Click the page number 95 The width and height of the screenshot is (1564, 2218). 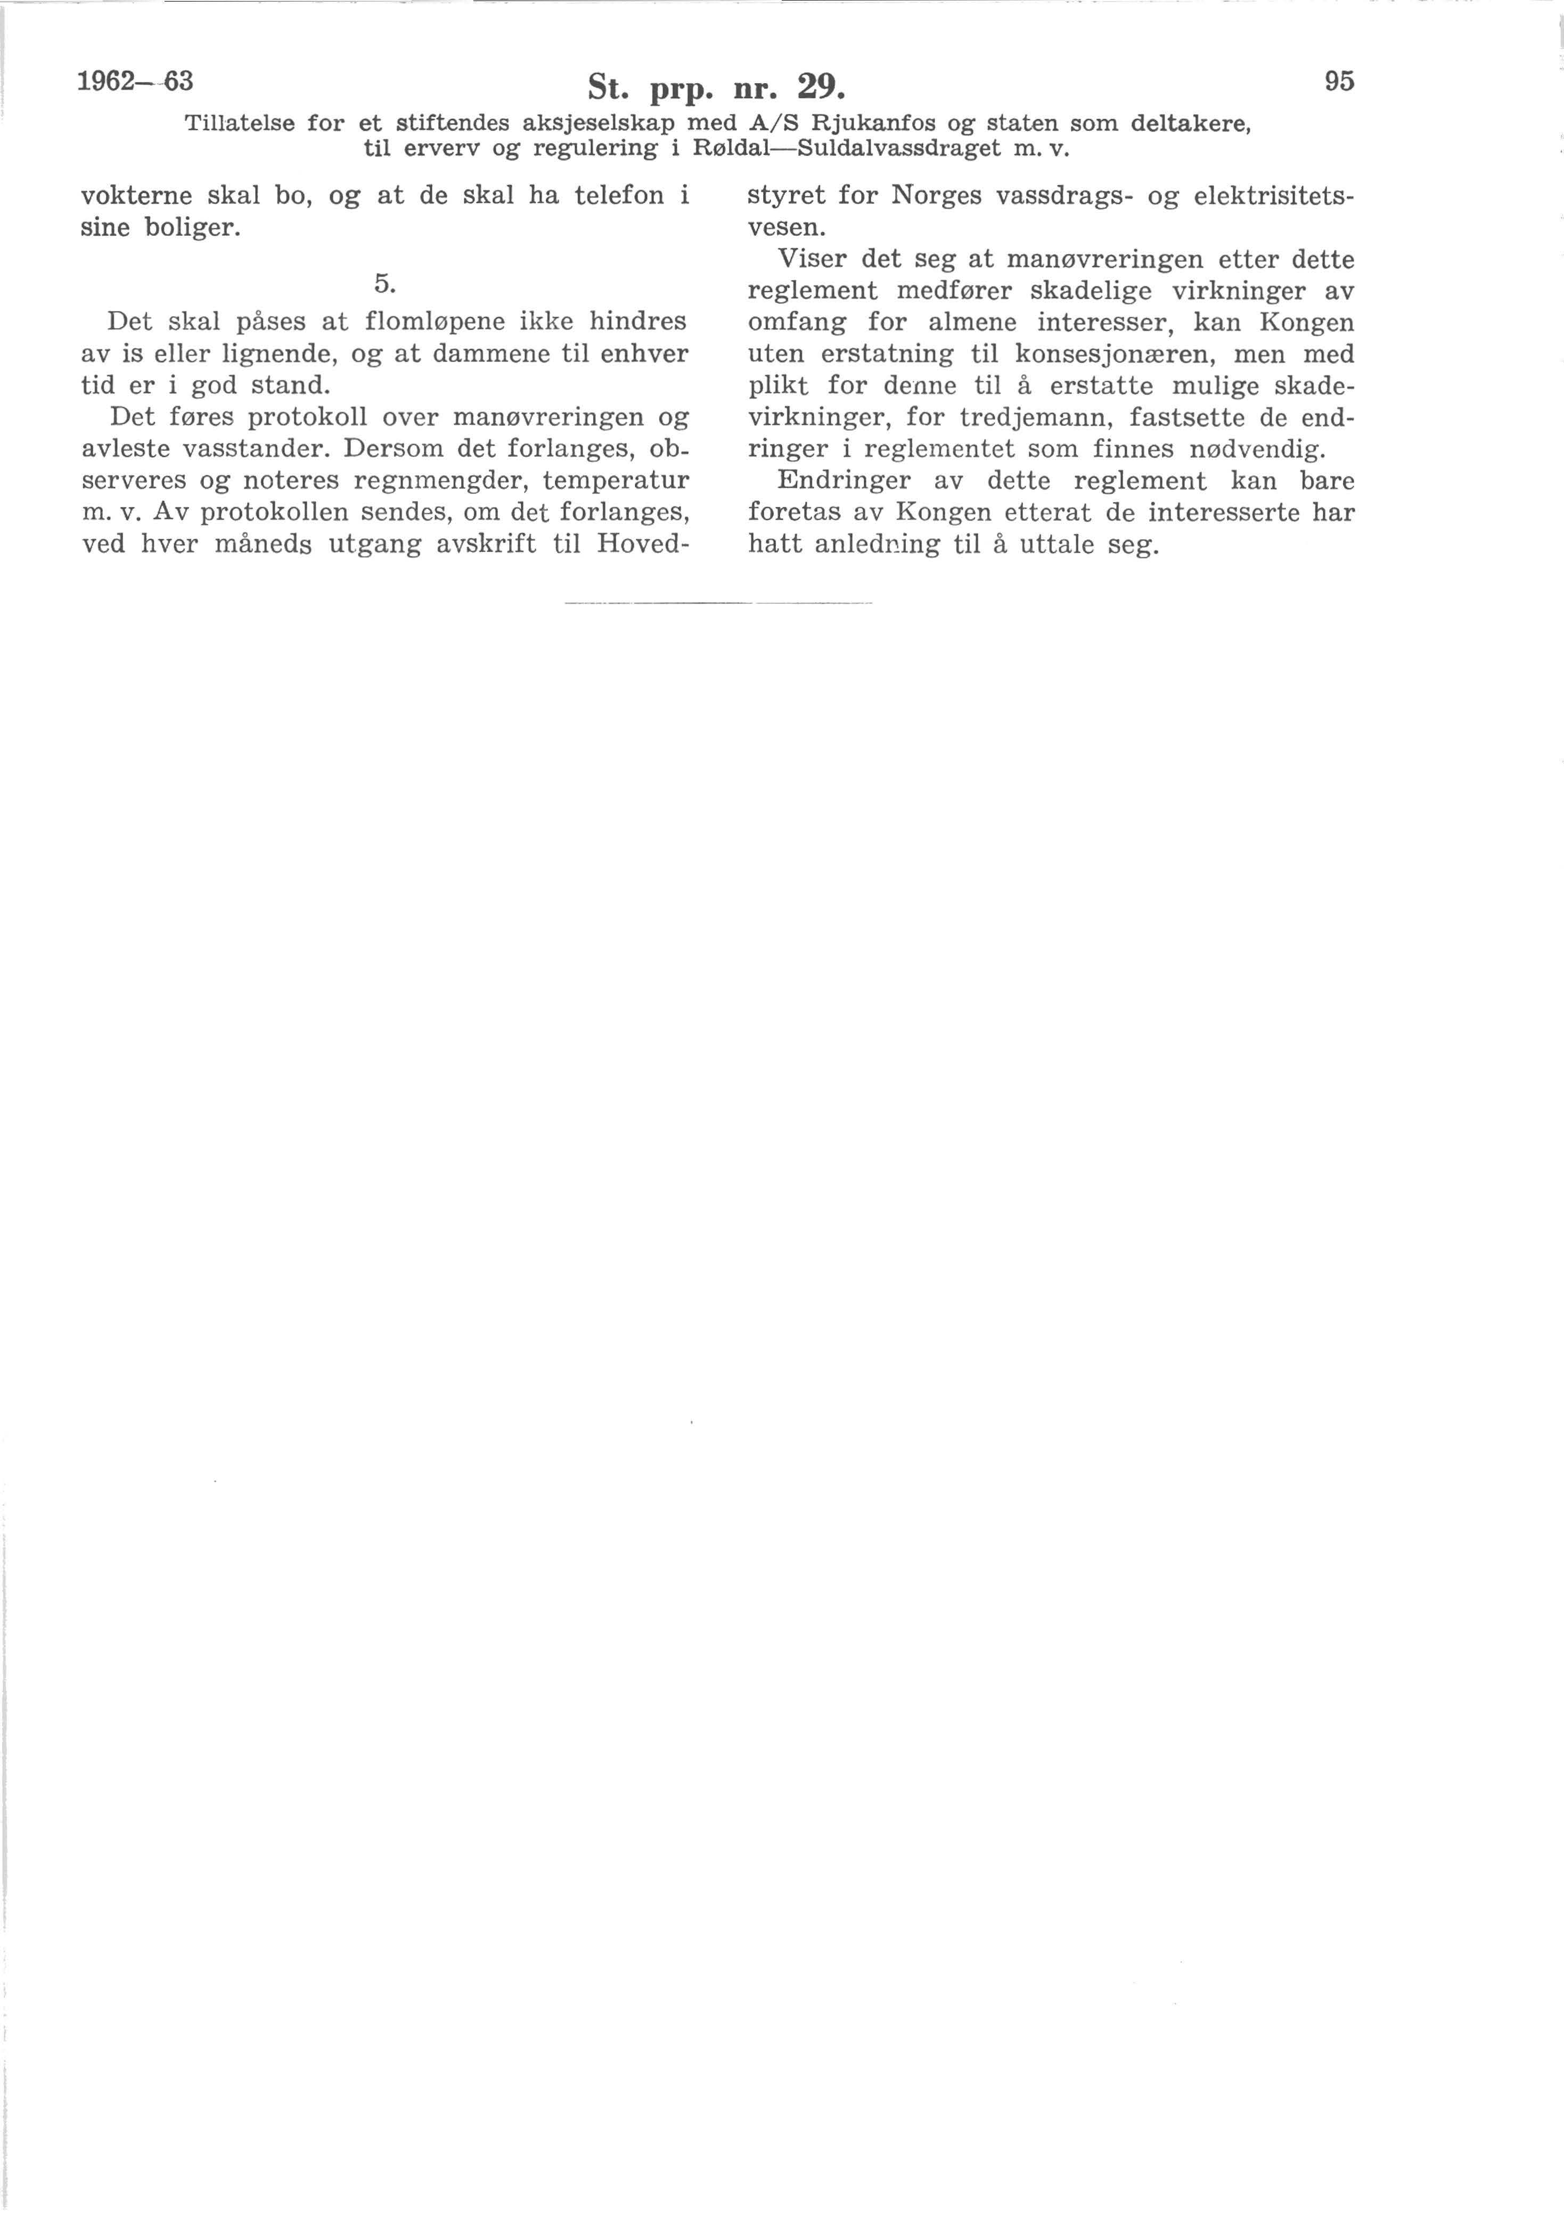point(1339,82)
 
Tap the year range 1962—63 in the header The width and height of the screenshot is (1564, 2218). point(135,81)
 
